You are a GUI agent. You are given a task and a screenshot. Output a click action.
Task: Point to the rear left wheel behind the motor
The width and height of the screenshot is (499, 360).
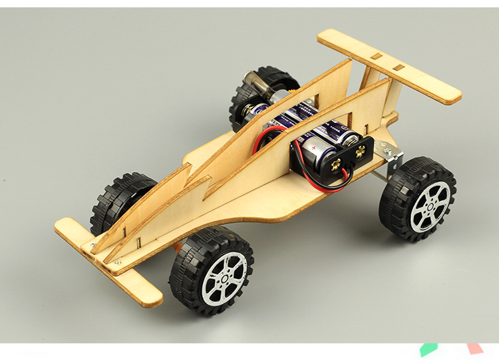tap(256, 90)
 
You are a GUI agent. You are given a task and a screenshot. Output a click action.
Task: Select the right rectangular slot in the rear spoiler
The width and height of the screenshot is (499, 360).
tap(399, 67)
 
